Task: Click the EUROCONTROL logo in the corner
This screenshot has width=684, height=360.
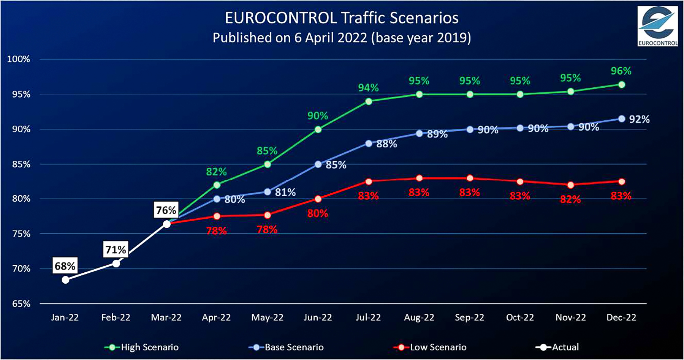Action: [657, 26]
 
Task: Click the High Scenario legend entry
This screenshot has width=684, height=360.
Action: [142, 347]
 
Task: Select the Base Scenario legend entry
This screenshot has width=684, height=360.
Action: [286, 347]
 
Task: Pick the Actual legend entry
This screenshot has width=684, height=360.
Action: [557, 347]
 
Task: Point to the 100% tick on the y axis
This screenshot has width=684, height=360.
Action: [18, 59]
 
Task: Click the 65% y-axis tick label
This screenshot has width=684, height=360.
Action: [21, 304]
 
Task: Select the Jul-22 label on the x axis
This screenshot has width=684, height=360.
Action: [368, 317]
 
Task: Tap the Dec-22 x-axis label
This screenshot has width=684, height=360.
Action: [621, 317]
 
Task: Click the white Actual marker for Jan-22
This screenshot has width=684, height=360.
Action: [65, 280]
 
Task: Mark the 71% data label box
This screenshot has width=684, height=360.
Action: [116, 249]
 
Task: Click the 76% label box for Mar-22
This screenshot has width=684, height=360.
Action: [166, 210]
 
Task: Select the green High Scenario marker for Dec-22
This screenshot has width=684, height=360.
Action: [622, 85]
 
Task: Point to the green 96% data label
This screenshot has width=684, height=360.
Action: [621, 71]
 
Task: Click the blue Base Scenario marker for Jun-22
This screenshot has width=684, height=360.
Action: [318, 164]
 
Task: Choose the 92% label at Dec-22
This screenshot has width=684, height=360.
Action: [639, 119]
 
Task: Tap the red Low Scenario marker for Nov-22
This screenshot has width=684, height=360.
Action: [570, 185]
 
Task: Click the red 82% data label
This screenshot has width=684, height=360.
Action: [570, 199]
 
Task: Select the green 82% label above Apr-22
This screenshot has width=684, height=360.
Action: [216, 172]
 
